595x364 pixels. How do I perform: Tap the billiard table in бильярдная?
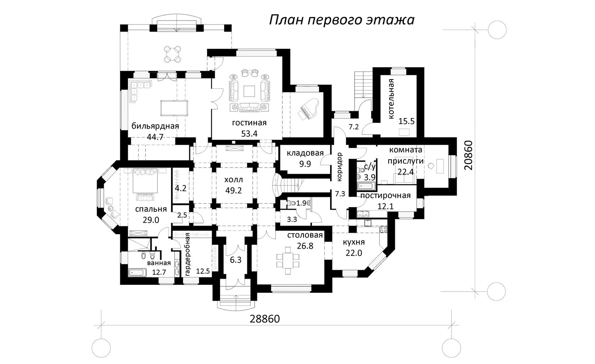174,108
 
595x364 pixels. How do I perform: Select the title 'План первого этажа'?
342,20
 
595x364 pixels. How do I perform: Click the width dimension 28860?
265,319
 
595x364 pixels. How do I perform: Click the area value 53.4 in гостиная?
249,133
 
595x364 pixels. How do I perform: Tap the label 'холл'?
234,180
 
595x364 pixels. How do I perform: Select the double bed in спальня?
145,180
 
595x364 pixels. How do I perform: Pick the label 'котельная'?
391,99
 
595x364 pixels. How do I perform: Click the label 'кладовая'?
305,153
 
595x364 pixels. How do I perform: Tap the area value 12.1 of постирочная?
386,206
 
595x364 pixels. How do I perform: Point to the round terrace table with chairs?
173,54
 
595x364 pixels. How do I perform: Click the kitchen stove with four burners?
383,229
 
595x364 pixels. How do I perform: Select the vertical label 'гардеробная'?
188,254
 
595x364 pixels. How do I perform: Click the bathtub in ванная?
137,273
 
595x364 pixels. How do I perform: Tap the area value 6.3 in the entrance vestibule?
236,260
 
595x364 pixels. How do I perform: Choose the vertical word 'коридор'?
339,167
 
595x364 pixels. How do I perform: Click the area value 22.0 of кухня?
354,253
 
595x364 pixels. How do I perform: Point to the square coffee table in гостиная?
249,91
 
